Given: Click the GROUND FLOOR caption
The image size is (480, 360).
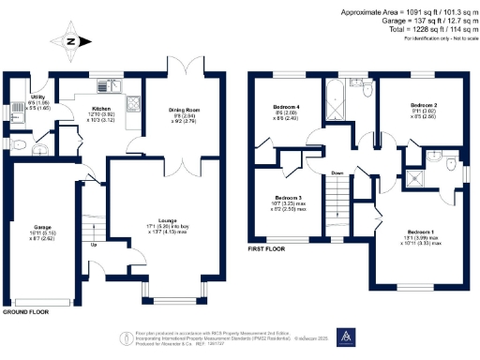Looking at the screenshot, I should point(25,310).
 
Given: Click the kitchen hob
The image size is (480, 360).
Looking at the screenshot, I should point(132,105).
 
